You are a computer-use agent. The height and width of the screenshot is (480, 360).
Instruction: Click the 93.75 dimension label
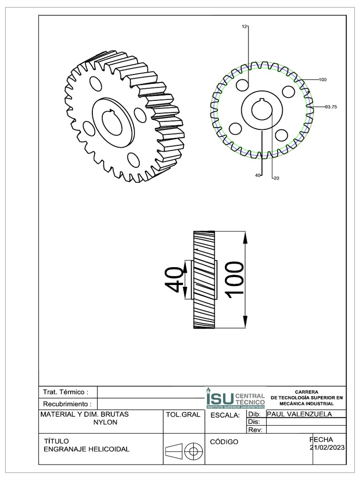tap(331, 107)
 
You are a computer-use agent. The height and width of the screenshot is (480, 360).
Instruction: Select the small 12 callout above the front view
tap(244, 27)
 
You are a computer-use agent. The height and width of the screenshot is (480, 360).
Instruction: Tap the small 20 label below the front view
tap(276, 178)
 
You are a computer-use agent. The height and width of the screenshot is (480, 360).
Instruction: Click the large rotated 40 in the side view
tap(174, 280)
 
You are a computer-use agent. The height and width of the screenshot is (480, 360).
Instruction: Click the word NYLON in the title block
tap(106, 422)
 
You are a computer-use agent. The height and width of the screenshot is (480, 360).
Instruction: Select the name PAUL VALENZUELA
tap(299, 414)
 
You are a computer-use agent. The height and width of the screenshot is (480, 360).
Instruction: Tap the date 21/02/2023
tap(328, 448)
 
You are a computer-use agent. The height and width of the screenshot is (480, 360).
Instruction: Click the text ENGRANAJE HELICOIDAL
tap(86, 449)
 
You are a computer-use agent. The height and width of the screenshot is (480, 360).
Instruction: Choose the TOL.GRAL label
tap(183, 415)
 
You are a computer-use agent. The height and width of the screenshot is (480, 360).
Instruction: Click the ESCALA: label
tap(225, 415)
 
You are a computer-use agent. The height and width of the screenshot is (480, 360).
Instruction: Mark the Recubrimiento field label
tap(67, 404)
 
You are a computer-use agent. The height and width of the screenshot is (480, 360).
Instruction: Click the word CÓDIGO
tap(225, 442)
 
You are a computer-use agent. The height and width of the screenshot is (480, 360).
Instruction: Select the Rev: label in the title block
tap(253, 429)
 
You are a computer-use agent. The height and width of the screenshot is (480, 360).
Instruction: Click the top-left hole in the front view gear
tap(242, 85)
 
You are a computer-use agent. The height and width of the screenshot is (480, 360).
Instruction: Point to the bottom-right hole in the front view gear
tap(281, 135)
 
